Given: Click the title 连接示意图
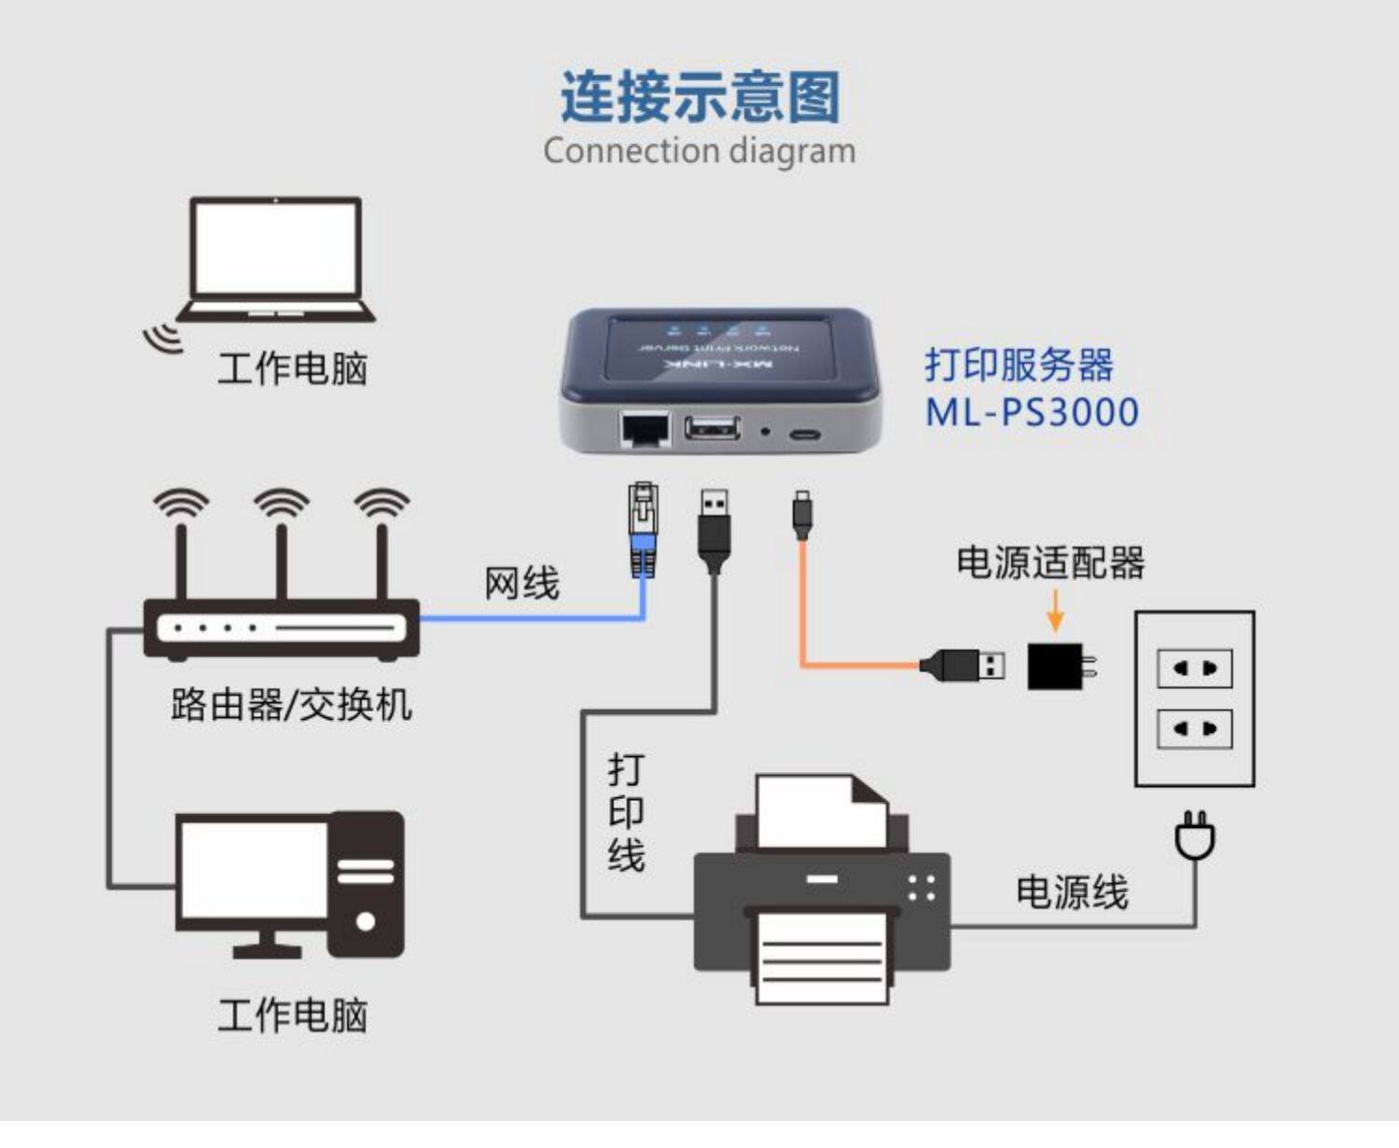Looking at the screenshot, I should (699, 97).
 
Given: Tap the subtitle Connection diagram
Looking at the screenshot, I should (699, 150).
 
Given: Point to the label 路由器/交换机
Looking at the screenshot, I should (291, 704).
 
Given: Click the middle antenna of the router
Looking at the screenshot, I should (281, 550).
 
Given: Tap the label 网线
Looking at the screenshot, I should (521, 584).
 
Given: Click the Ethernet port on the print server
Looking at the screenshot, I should (644, 429).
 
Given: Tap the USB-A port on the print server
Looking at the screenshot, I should (713, 429).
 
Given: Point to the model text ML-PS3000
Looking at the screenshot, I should (1032, 412).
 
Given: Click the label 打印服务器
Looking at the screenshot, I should (1018, 365).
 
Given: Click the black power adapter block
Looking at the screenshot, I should (1056, 666).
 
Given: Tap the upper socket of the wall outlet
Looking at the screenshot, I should (1194, 669).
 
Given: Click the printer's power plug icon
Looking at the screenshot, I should (1195, 836).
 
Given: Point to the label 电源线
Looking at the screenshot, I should (1072, 892).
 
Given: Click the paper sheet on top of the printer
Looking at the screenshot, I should (821, 811).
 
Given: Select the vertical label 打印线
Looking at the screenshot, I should (626, 812).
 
